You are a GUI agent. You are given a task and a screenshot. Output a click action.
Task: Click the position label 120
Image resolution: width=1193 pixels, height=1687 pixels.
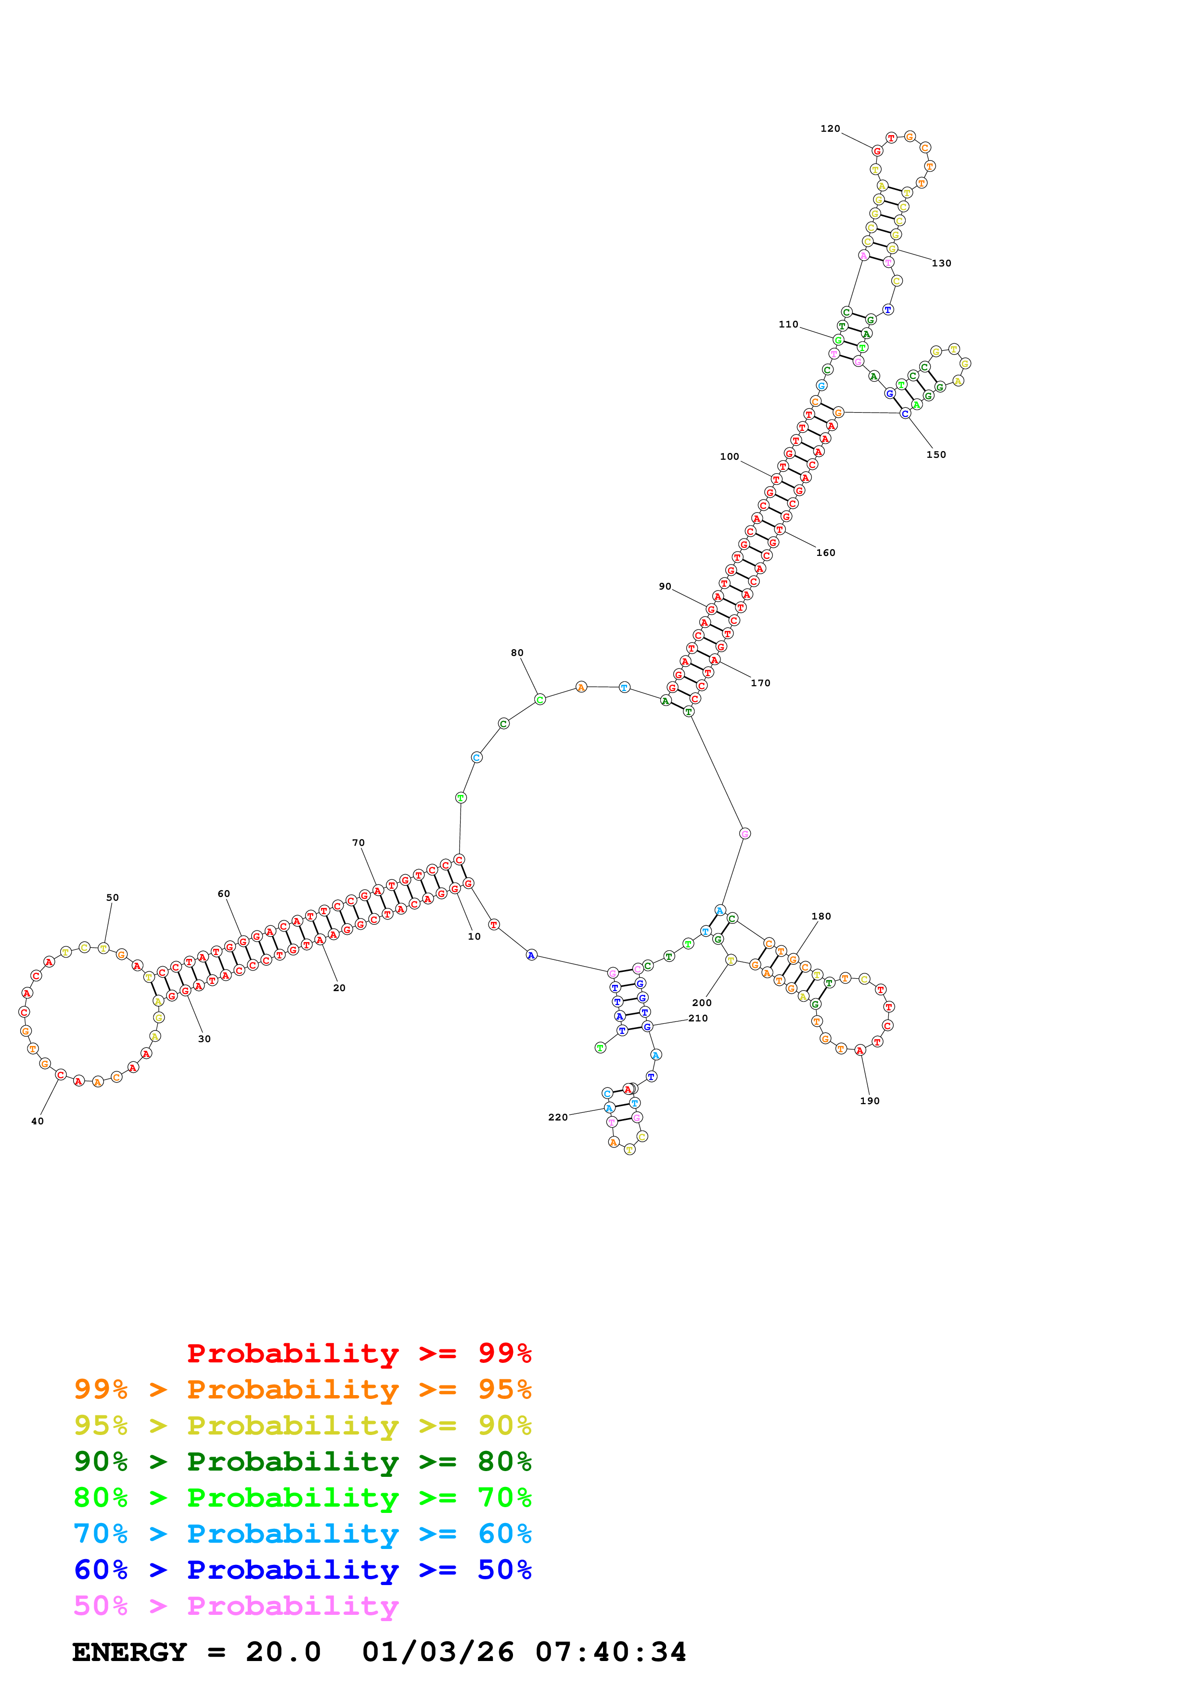(830, 128)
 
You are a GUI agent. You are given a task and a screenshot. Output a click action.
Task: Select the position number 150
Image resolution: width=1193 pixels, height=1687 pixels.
(936, 455)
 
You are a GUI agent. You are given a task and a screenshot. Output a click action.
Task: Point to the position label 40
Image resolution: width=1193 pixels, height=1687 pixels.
(38, 1121)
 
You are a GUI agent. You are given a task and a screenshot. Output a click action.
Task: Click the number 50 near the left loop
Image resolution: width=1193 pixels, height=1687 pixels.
(113, 897)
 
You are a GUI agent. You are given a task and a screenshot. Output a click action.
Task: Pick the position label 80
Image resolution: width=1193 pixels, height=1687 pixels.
(517, 653)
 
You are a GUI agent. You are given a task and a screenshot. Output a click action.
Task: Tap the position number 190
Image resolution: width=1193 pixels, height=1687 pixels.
(870, 1101)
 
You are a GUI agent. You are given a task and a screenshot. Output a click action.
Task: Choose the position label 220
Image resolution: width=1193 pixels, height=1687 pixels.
(558, 1117)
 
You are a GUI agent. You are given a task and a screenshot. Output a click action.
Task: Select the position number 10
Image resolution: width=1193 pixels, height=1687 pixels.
(474, 936)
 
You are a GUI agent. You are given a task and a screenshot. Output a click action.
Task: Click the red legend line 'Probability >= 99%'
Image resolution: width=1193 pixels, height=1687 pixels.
(359, 1353)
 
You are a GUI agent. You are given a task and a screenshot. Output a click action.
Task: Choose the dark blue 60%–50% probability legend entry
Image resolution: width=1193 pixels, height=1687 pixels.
(302, 1570)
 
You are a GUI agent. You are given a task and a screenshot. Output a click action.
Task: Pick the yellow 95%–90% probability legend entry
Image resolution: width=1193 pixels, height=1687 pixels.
(302, 1425)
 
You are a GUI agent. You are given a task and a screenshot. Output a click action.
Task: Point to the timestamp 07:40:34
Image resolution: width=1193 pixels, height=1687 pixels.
(610, 1652)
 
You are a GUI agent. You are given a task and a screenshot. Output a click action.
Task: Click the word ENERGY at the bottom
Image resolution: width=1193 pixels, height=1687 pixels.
(129, 1652)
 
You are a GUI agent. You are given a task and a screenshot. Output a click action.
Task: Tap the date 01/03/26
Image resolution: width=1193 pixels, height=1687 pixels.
(437, 1652)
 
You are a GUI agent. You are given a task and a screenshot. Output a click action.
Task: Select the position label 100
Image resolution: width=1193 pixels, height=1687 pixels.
(729, 456)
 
